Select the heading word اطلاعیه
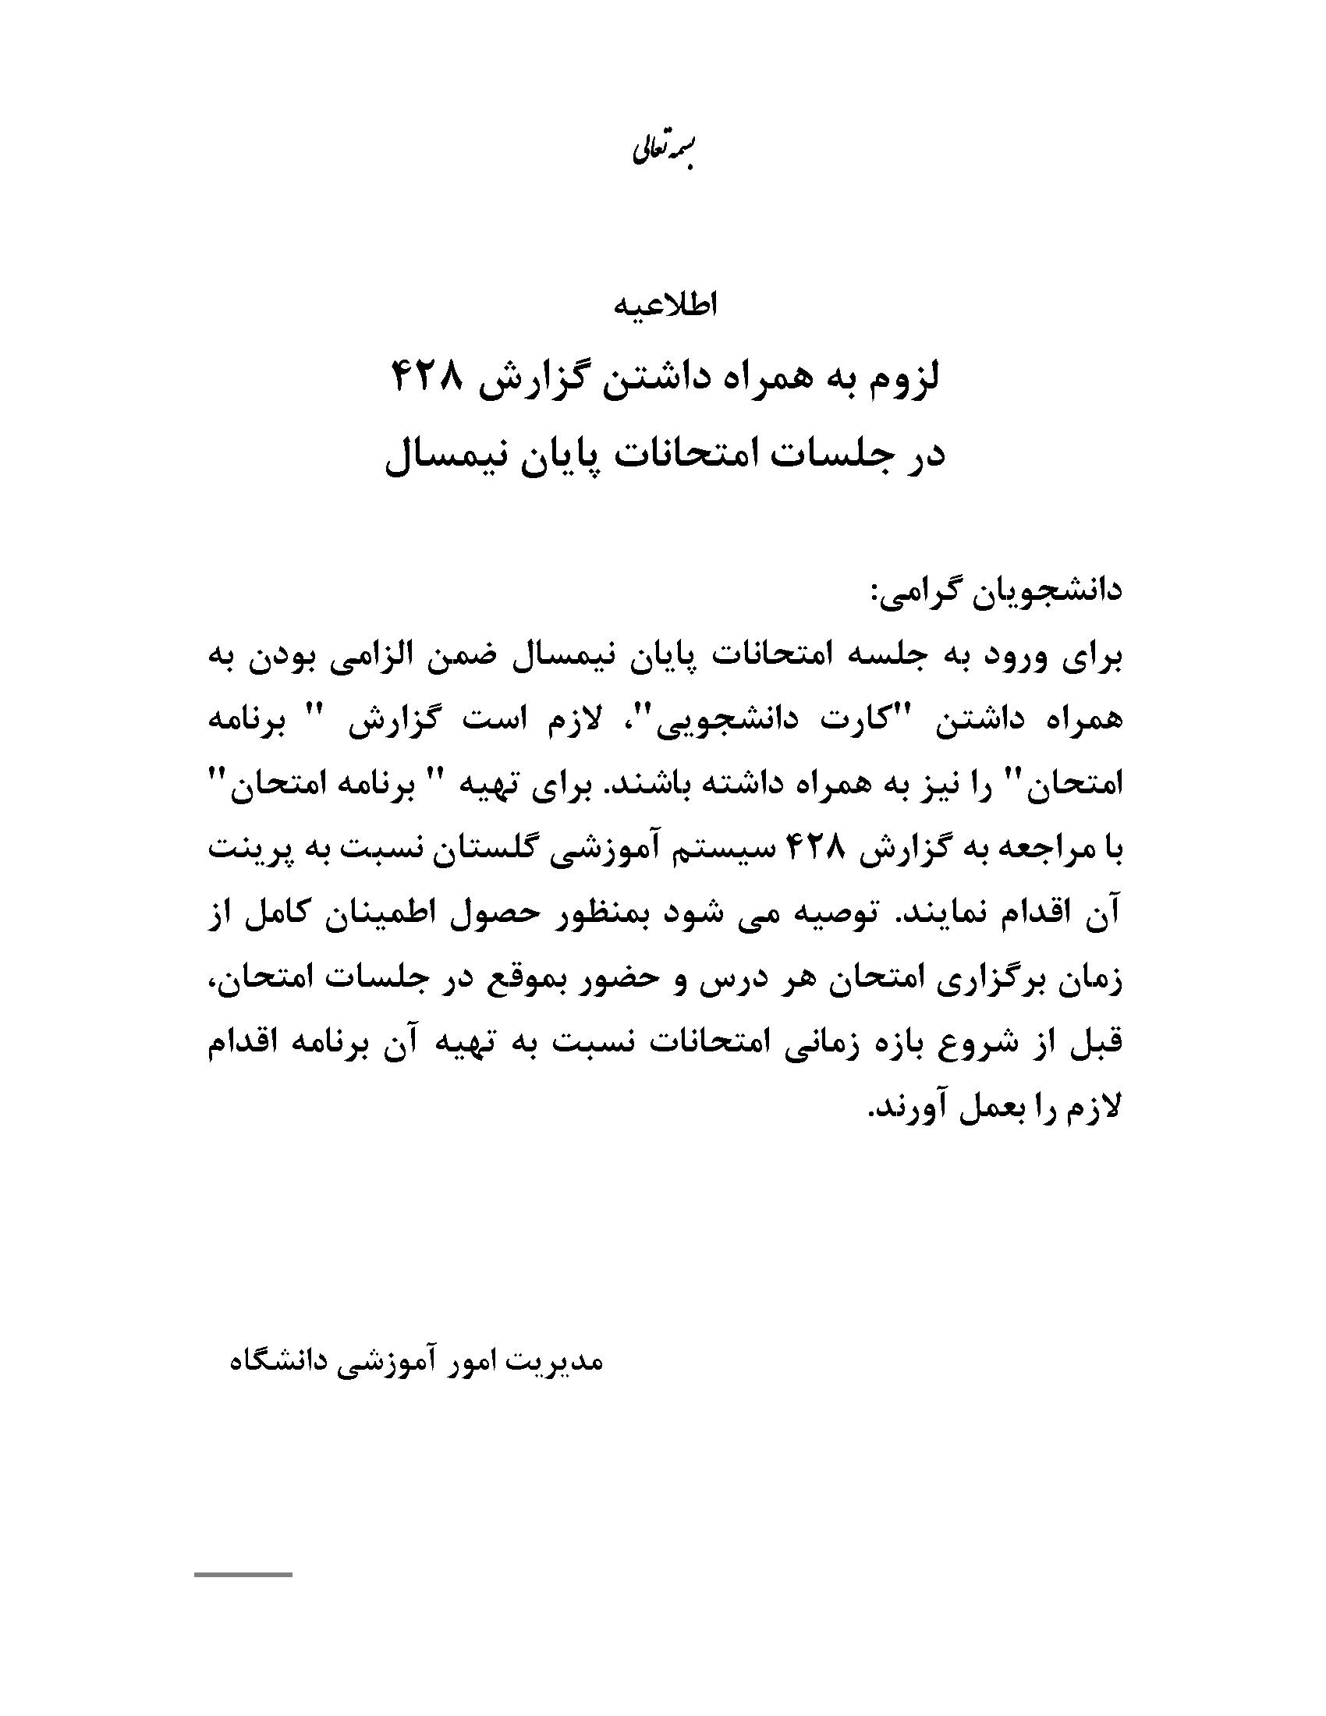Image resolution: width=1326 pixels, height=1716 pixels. (665, 306)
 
